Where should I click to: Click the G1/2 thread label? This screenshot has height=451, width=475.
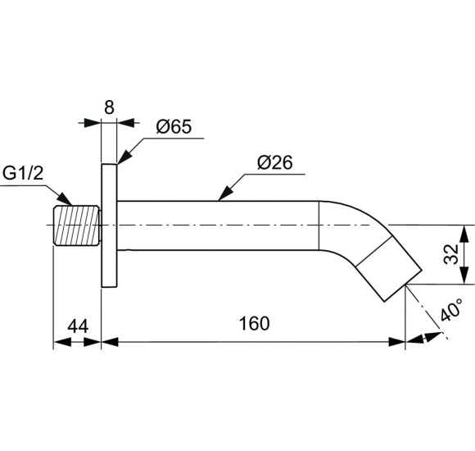23,173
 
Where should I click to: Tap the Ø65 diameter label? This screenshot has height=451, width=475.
174,126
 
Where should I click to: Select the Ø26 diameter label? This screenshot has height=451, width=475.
274,162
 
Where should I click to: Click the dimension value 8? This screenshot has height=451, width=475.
109,107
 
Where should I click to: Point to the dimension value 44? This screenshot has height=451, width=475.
78,326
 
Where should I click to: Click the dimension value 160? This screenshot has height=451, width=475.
254,323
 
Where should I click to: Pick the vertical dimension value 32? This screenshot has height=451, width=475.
451,254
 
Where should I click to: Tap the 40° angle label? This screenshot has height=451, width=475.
452,309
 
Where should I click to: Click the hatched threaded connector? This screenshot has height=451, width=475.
76,225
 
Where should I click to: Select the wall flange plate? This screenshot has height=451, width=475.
109,225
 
